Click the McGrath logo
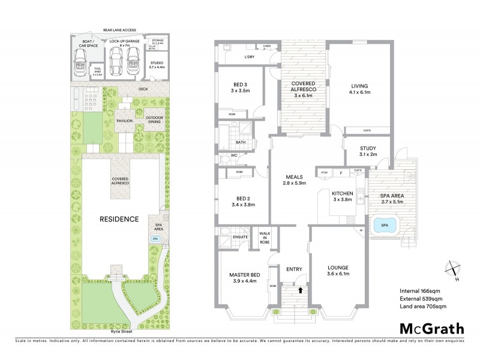pyautogui.click(x=431, y=328)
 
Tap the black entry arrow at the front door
pyautogui.click(x=293, y=291)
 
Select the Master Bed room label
pyautogui.click(x=243, y=278)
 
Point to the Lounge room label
pyautogui.click(x=338, y=271)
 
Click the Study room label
pyautogui.click(x=368, y=151)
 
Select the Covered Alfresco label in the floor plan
pyautogui.click(x=304, y=88)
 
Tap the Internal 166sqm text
pyautogui.click(x=420, y=291)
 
